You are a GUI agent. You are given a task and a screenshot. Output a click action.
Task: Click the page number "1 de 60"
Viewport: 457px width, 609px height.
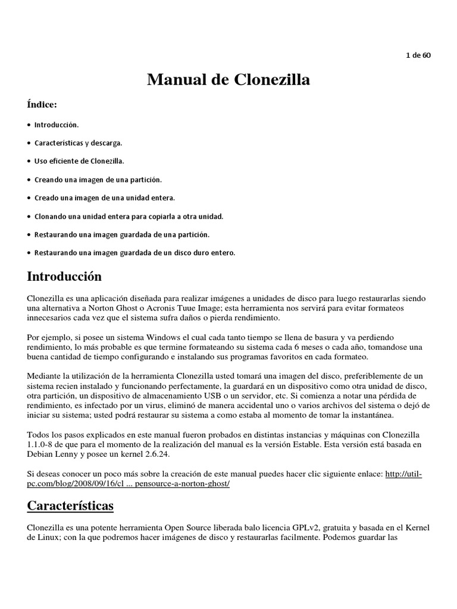(x=418, y=55)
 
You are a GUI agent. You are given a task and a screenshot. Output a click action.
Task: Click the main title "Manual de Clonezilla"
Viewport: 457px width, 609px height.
(x=228, y=80)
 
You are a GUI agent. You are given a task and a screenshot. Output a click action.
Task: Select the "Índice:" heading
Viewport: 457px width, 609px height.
(x=42, y=105)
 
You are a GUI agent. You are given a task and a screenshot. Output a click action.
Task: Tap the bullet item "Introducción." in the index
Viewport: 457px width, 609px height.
(x=57, y=125)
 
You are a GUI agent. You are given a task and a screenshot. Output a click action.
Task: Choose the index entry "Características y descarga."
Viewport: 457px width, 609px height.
(x=78, y=143)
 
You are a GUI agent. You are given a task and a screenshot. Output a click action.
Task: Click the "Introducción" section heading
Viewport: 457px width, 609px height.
(x=64, y=277)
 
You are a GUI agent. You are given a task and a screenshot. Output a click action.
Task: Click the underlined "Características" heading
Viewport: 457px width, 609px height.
(x=70, y=506)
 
